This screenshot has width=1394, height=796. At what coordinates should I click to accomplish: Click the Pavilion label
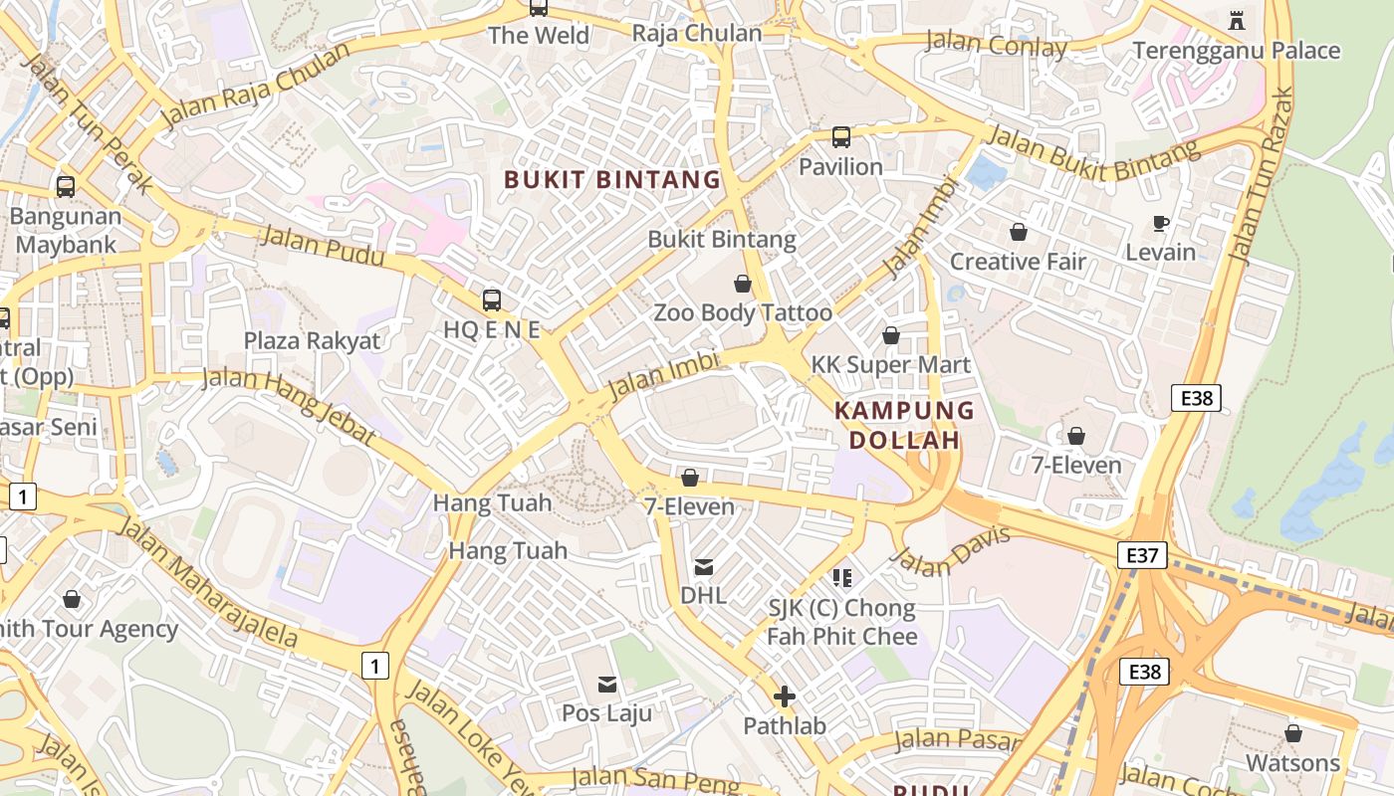[x=840, y=166]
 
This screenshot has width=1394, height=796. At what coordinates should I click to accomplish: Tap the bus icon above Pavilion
[x=841, y=137]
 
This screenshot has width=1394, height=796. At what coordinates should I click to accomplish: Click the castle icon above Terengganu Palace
[x=1237, y=20]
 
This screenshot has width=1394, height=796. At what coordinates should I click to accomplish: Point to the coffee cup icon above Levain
[x=1160, y=223]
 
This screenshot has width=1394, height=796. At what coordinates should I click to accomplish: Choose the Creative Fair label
[x=1018, y=262]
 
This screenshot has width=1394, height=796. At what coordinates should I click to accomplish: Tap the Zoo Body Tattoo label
[x=742, y=312]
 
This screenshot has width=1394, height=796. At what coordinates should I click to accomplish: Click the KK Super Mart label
[x=890, y=364]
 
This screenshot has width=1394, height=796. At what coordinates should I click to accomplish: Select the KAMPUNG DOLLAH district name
[x=904, y=425]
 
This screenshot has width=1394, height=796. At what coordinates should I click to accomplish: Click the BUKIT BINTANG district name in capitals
[x=611, y=180]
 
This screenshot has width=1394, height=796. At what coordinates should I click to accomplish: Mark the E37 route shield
[x=1141, y=555]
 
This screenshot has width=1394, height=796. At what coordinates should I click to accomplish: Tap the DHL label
[x=703, y=595]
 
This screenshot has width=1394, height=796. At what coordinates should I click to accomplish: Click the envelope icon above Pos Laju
[x=606, y=684]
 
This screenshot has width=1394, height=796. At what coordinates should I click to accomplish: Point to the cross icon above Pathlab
[x=785, y=696]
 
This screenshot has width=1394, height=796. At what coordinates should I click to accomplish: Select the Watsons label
[x=1293, y=763]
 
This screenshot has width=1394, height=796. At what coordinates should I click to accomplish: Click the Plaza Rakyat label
[x=312, y=340]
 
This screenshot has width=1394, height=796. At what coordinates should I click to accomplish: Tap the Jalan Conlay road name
[x=996, y=45]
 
